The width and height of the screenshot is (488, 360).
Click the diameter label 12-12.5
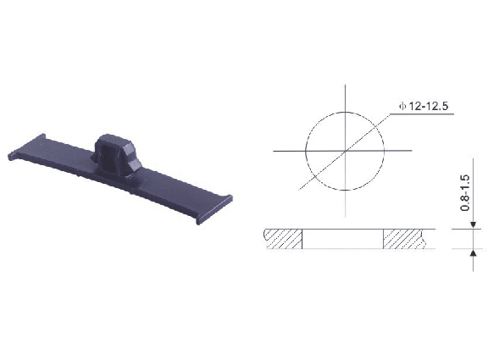pos(429,106)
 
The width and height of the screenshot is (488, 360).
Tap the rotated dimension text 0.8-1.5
pos(464,193)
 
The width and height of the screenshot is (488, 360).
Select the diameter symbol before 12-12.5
pos(402,107)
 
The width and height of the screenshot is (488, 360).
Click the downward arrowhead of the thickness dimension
pos(473,225)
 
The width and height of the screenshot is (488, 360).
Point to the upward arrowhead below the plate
pos(473,252)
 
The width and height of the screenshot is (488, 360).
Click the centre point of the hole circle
pos(345,151)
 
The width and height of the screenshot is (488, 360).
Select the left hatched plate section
pos(283,239)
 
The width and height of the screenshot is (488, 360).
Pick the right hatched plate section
pos(403,239)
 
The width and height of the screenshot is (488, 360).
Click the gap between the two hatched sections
pos(342,239)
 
